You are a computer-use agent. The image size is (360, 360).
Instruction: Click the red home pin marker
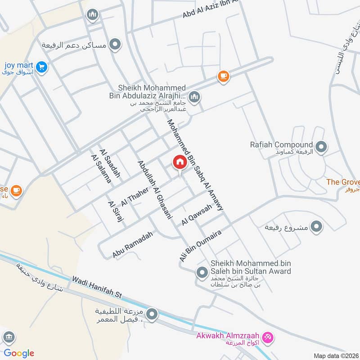pos(180,162)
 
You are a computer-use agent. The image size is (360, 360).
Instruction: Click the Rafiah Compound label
pos(281,145)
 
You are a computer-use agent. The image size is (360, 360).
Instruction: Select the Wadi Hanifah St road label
pos(97,288)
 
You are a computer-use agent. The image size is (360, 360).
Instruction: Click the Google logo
pos(19,353)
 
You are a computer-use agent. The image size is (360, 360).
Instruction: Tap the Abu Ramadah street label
pos(133,245)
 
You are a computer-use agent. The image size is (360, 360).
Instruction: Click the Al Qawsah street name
pos(197,215)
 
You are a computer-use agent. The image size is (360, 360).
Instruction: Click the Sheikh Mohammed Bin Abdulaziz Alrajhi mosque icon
pos(194,97)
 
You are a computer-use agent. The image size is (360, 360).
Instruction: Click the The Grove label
pos(343,182)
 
